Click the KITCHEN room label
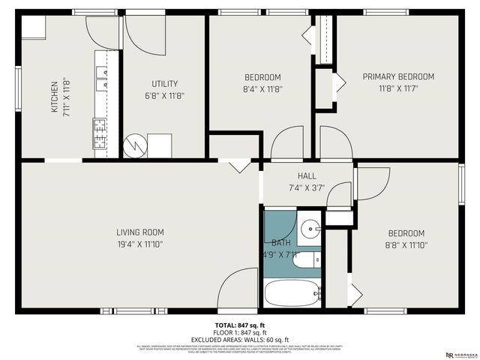54,96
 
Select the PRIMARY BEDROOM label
398,76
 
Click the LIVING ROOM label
139,232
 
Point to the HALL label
307,176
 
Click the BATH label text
280,243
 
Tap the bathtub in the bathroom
292,292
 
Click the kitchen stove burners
100,133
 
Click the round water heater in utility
135,145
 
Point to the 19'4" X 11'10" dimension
139,244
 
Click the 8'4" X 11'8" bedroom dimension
262,89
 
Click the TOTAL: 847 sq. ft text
240,325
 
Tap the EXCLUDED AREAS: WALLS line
240,340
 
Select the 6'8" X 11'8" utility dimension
163,96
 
